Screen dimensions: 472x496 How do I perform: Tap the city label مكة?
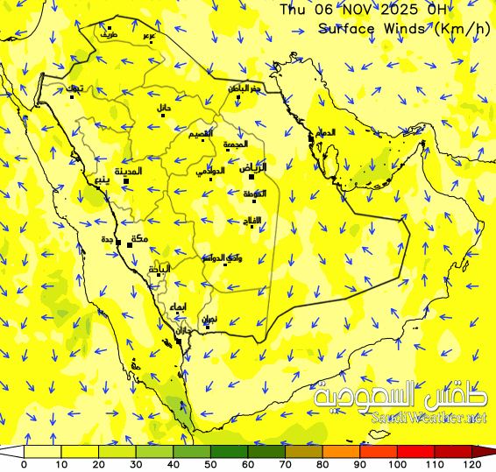click(x=138, y=239)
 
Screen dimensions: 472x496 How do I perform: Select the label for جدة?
click(x=108, y=240)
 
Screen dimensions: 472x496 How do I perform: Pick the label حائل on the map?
click(x=164, y=108)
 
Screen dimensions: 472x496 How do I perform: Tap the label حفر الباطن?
click(x=245, y=89)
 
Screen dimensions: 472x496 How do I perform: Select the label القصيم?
click(x=202, y=134)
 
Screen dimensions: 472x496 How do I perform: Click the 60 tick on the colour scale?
click(x=248, y=463)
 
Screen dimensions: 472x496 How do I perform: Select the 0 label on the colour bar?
click(x=24, y=463)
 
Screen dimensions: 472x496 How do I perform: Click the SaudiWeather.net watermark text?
click(x=429, y=418)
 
